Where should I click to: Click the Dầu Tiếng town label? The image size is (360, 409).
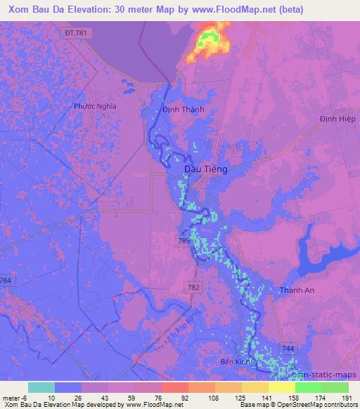point(205,169)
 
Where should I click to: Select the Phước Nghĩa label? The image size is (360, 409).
point(94,106)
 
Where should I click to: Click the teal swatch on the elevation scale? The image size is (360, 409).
point(41,387)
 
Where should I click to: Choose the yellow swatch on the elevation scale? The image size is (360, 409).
point(281,387)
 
